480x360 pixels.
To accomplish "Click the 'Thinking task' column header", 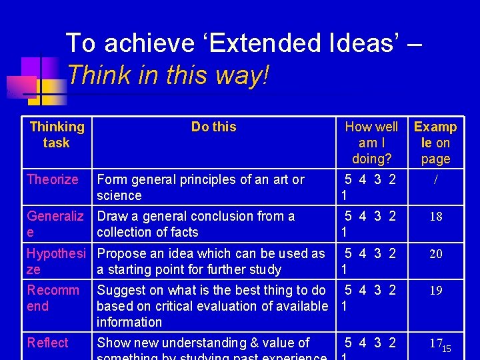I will (x=57, y=135).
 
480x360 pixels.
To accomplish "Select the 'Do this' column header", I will (x=213, y=127).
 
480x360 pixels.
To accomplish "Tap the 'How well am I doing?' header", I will (x=371, y=143).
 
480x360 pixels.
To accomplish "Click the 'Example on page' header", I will (x=435, y=143).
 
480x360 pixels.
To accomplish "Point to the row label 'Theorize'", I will (x=53, y=179).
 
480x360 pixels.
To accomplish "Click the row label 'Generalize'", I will (x=55, y=224).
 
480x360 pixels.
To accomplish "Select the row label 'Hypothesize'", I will (x=56, y=261).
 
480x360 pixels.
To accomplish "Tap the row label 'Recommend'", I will (x=53, y=298).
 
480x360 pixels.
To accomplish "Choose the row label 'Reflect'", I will (x=47, y=343).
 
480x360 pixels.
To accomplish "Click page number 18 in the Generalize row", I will (x=435, y=217).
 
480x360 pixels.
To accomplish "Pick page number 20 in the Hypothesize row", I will (x=435, y=254).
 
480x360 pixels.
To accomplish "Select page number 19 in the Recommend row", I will (x=435, y=291).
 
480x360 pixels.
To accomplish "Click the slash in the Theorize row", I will (x=435, y=180).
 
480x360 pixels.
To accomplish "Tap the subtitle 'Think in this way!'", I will (x=168, y=75).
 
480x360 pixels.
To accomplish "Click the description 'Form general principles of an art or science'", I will (x=200, y=187).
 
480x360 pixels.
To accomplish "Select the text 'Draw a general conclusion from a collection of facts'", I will (x=195, y=224).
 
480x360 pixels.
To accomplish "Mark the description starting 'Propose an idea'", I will (x=211, y=261).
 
